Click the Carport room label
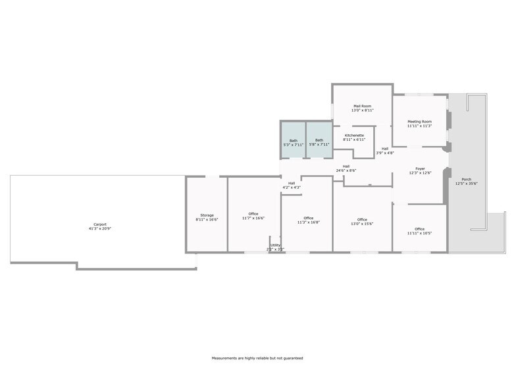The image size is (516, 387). (100, 224)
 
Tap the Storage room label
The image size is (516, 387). (207, 215)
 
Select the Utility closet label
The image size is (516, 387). (275, 245)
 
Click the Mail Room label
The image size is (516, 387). (362, 106)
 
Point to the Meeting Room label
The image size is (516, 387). (419, 122)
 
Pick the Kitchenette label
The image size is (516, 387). (353, 136)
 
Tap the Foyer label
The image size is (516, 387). (420, 168)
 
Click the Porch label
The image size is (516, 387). (466, 180)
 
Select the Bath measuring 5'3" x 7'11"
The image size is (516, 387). (293, 140)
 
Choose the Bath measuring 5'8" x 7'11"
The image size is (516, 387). (319, 140)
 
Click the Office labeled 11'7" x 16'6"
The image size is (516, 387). (253, 214)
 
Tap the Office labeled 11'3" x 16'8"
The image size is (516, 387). (308, 218)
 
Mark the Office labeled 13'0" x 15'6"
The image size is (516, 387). (362, 220)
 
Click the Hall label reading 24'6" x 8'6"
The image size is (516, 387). (346, 166)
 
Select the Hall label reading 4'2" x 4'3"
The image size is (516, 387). (292, 183)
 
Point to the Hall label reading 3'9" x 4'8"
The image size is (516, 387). (385, 149)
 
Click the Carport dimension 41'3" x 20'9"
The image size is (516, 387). (100, 228)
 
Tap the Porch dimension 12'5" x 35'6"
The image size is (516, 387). (466, 184)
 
